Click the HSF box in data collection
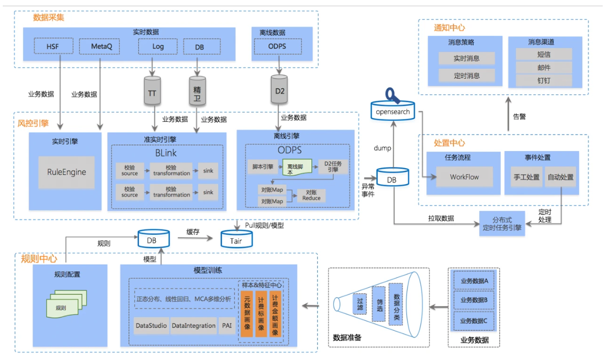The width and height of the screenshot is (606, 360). coord(53,46)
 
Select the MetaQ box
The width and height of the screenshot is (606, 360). coord(101,46)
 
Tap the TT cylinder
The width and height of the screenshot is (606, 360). coord(152,93)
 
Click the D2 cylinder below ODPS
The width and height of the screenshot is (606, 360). coord(280,91)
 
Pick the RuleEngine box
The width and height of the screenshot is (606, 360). coord(66,172)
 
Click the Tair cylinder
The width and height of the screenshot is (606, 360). coord(235,239)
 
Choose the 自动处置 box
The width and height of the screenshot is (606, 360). coord(560,177)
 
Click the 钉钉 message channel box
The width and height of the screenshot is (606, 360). coord(544,80)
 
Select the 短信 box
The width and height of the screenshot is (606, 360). coord(544,54)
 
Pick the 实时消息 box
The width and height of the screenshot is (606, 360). coord(466,58)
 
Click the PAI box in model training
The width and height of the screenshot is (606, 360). coord(227,325)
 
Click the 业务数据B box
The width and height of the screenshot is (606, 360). coord(474,300)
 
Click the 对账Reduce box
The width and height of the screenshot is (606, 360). coord(311,195)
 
